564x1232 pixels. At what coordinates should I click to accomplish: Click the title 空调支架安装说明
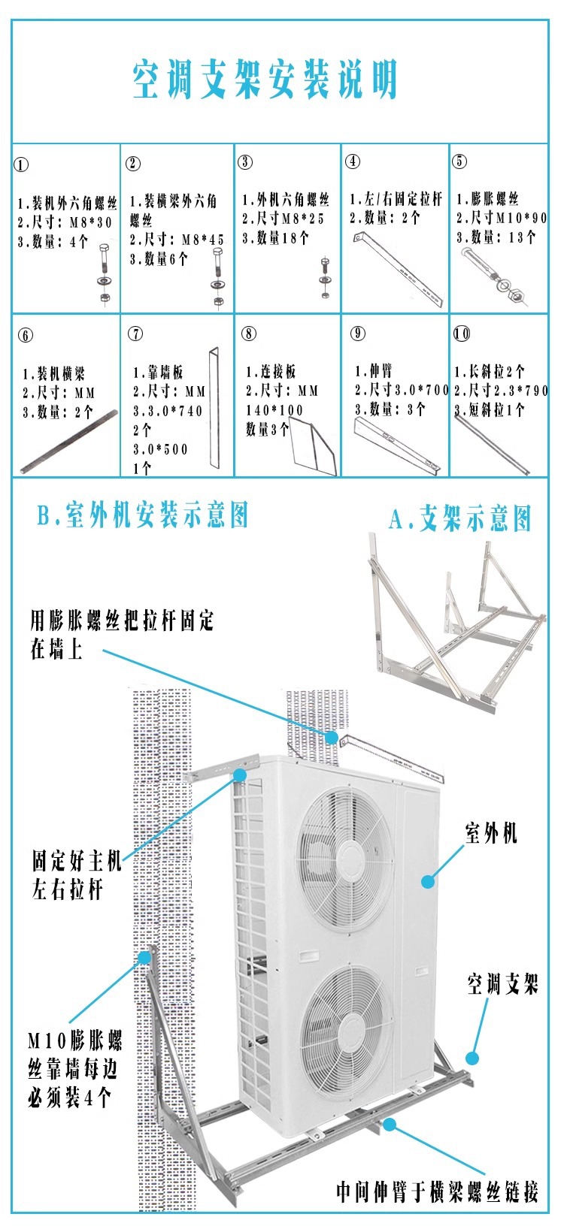coord(265,80)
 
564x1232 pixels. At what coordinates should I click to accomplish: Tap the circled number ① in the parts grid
coord(22,165)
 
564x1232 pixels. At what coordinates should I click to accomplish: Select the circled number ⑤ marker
coord(459,161)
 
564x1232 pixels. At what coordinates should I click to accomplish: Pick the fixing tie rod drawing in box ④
coord(399,270)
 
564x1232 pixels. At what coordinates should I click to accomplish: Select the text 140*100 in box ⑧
coord(274,410)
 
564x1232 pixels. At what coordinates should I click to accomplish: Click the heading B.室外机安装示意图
coord(143,516)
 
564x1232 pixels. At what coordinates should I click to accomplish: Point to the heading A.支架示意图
coord(460,519)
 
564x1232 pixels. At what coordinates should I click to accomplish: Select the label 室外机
coord(491,832)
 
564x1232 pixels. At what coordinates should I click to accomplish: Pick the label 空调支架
coord(502,984)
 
